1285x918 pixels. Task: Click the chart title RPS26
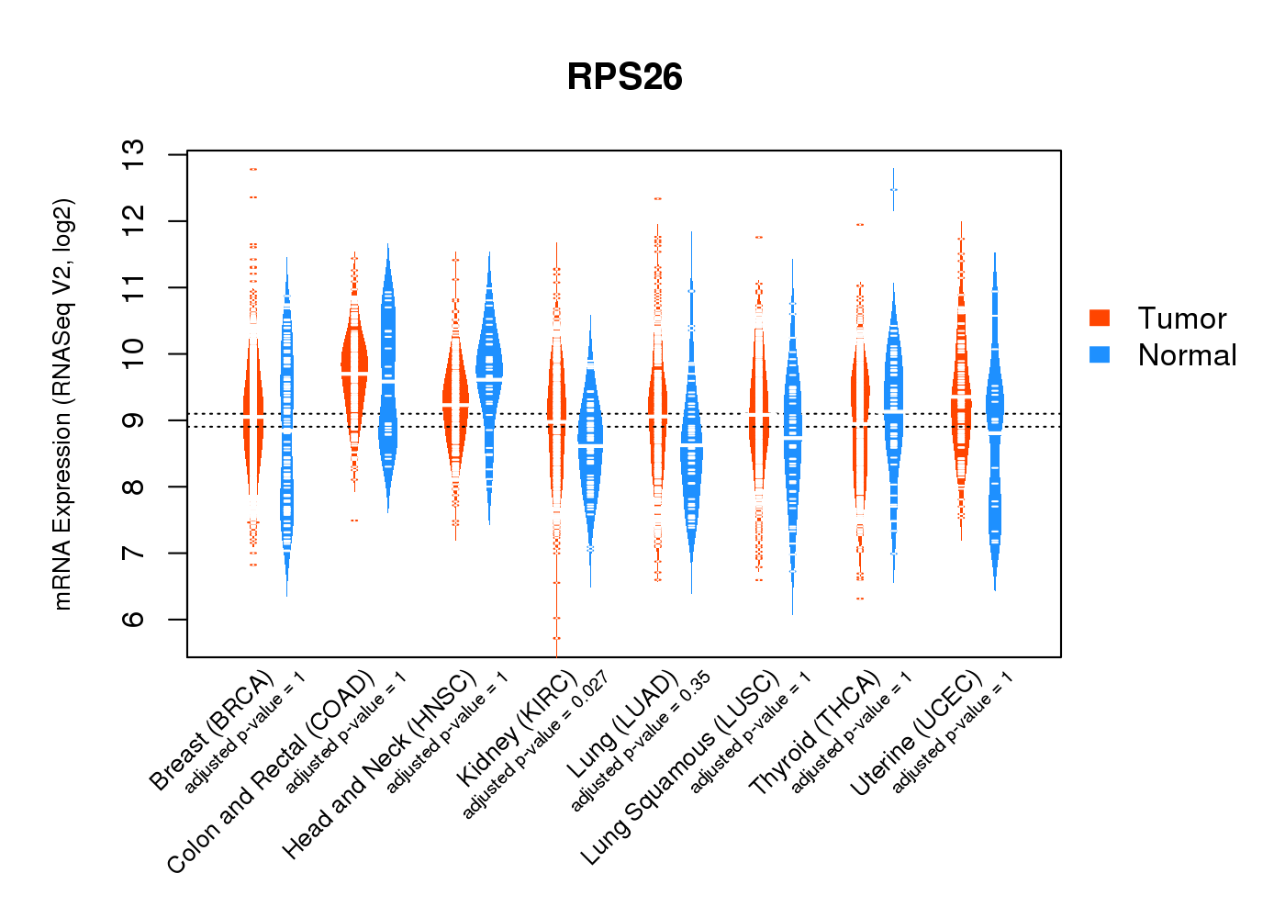pos(624,77)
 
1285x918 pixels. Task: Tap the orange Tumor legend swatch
pos(1100,318)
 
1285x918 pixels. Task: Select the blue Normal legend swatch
pos(1100,354)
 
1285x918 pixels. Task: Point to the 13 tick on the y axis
pos(134,154)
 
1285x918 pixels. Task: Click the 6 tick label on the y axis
pos(134,619)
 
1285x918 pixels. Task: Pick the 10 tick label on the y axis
pos(134,353)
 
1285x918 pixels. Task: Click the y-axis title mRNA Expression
pos(62,404)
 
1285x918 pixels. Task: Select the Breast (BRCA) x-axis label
pos(212,731)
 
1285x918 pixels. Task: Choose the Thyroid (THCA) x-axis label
pos(815,733)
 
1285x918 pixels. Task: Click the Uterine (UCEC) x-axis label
pos(916,733)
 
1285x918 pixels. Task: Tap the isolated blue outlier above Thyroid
pos(893,189)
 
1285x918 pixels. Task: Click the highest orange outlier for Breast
pos(252,169)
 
